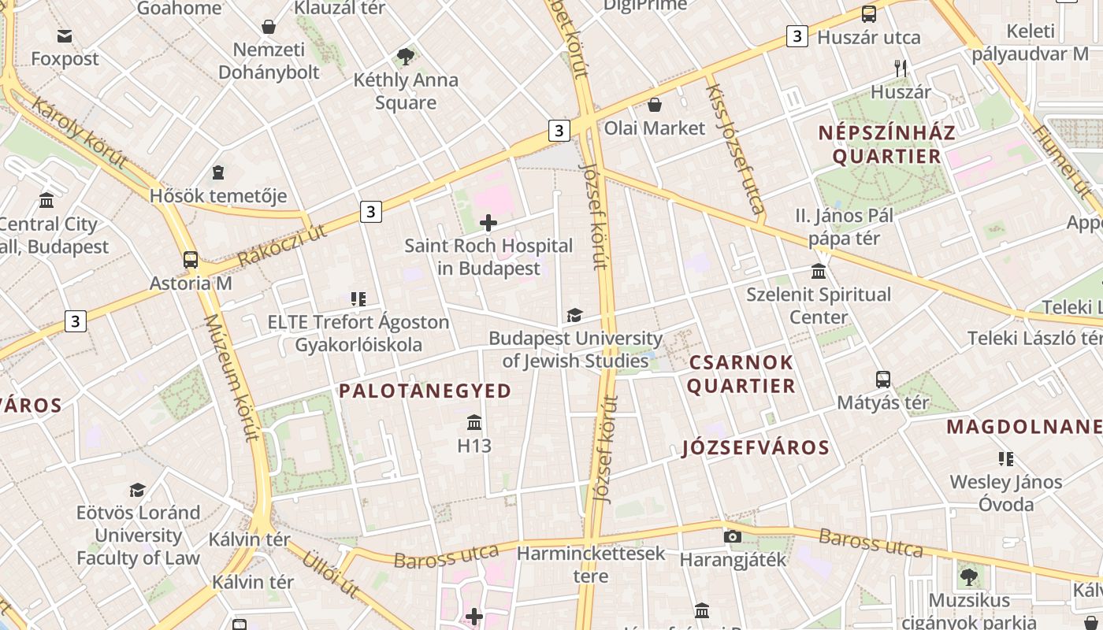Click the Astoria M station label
click(191, 283)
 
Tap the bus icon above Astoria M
click(191, 259)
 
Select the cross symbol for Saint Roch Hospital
click(488, 223)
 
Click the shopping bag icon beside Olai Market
click(655, 105)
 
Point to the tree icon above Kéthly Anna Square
click(406, 57)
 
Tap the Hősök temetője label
click(218, 195)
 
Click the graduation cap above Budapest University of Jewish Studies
click(574, 316)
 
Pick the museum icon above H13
click(474, 423)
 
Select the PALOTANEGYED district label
click(425, 391)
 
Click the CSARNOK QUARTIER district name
click(741, 374)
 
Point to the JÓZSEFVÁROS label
click(756, 448)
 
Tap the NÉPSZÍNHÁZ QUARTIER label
click(886, 144)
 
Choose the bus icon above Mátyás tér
click(883, 380)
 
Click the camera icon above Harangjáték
click(733, 537)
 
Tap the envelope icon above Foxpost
click(65, 35)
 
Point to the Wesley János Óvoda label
click(1006, 492)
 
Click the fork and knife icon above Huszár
click(901, 69)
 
